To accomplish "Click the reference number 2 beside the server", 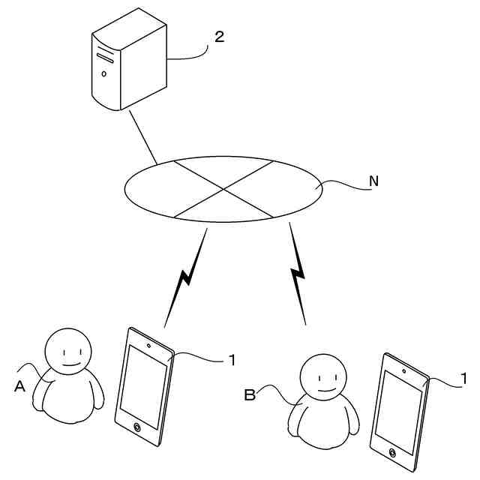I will (219, 37).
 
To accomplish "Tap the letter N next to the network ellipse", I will (373, 180).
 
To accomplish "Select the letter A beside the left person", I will (20, 386).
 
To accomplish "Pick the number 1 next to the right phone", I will (464, 379).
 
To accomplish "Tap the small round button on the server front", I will (104, 73).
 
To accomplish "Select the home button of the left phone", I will (137, 427).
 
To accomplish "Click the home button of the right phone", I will (393, 451).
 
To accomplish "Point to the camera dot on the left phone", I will (149, 346).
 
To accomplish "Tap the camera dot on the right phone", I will (403, 371).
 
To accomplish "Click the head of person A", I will (67, 350).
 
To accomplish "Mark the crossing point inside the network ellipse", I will (223, 190).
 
